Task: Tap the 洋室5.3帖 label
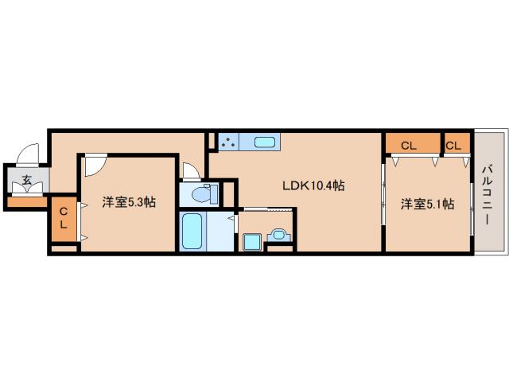(128, 202)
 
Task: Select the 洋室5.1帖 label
(427, 204)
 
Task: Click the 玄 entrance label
(27, 180)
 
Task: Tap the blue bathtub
(192, 232)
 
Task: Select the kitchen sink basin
(265, 143)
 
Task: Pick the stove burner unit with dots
(229, 142)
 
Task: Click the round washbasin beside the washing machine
(278, 234)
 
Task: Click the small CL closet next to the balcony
(453, 145)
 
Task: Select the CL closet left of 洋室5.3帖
(64, 217)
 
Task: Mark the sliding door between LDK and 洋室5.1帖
(384, 202)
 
